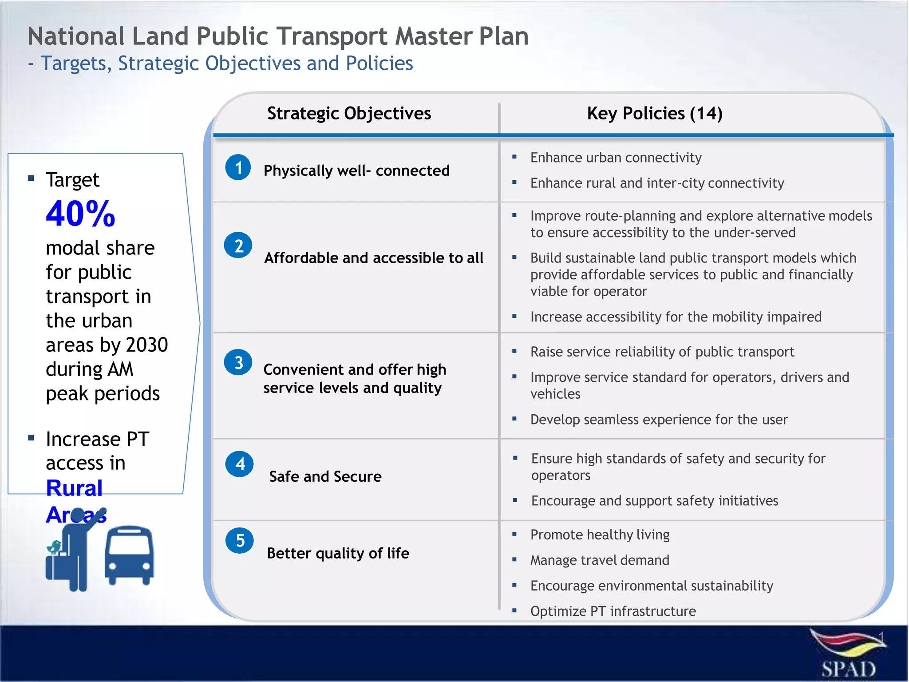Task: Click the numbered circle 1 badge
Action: [238, 167]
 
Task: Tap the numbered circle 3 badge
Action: [238, 362]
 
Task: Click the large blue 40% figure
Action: [80, 214]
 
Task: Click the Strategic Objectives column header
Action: [349, 114]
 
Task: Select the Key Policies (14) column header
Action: [654, 114]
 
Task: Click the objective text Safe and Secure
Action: [325, 476]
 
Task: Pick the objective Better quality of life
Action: [338, 553]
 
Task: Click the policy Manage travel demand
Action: [599, 560]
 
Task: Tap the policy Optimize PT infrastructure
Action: [613, 611]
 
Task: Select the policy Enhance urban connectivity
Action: [616, 158]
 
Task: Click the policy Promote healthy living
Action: [600, 535]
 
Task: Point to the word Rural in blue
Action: [74, 488]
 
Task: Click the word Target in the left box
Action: [72, 180]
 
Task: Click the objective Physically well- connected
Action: [356, 170]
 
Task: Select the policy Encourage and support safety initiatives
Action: [654, 501]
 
